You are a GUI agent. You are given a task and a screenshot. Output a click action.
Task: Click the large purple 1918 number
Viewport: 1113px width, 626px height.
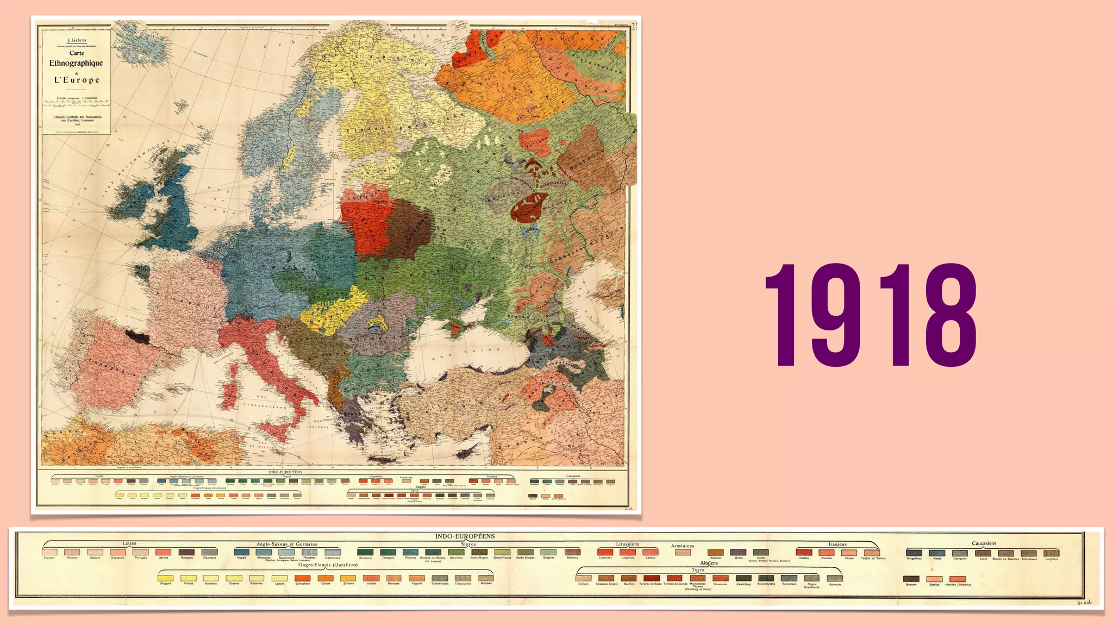pyautogui.click(x=871, y=315)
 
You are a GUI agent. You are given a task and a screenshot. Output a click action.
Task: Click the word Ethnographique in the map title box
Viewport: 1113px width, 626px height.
pyautogui.click(x=76, y=63)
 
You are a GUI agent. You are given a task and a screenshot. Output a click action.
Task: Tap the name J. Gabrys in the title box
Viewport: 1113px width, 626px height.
pyautogui.click(x=76, y=40)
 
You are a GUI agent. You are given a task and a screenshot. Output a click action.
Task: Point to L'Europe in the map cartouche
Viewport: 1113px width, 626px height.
pyautogui.click(x=77, y=80)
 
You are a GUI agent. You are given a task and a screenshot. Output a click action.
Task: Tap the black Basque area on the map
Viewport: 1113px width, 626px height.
pyautogui.click(x=137, y=336)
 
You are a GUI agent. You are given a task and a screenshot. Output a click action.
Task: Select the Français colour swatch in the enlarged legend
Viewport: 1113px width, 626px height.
pyautogui.click(x=49, y=552)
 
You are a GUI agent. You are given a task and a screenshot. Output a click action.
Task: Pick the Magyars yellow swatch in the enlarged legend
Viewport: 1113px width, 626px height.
pyautogui.click(x=166, y=579)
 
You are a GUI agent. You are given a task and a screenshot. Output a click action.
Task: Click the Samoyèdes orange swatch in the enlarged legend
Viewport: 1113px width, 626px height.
pyautogui.click(x=303, y=579)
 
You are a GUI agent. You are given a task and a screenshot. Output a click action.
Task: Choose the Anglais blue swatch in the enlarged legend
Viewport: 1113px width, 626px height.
pyautogui.click(x=242, y=552)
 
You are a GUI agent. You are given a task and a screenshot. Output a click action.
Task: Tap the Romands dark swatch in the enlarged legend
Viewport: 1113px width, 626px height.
pyautogui.click(x=186, y=552)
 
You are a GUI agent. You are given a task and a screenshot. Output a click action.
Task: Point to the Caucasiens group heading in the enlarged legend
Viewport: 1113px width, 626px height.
pyautogui.click(x=984, y=543)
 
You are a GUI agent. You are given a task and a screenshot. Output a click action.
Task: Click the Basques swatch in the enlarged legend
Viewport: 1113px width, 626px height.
pyautogui.click(x=911, y=579)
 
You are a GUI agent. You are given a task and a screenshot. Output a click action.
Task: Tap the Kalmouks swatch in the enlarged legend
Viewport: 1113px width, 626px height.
pyautogui.click(x=835, y=579)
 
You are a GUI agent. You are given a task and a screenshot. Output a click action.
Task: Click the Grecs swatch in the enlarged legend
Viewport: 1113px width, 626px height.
pyautogui.click(x=738, y=553)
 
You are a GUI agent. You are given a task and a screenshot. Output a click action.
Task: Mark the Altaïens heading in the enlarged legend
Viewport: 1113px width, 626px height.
pyautogui.click(x=709, y=564)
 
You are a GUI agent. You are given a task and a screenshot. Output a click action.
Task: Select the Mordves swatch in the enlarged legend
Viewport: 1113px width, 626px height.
pyautogui.click(x=486, y=579)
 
